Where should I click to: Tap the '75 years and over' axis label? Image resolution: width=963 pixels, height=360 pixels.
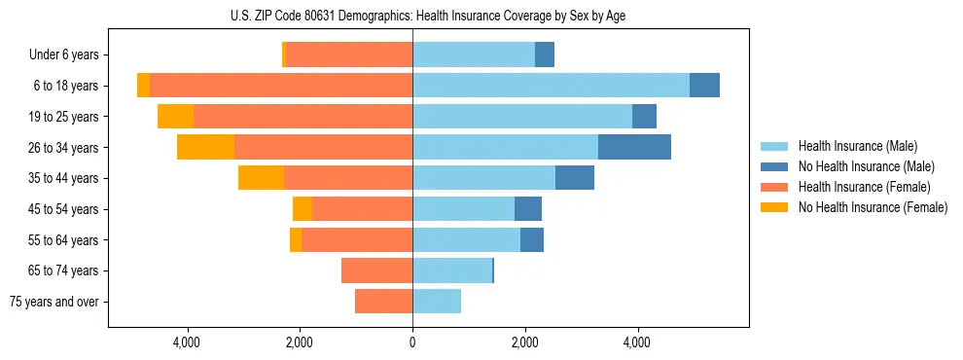(54, 302)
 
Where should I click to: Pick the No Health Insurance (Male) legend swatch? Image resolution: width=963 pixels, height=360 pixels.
(774, 167)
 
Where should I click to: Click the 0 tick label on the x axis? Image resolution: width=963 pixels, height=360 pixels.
(412, 342)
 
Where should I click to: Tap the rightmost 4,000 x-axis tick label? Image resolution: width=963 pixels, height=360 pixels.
(638, 342)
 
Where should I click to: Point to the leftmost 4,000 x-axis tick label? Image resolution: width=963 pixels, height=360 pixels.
(186, 342)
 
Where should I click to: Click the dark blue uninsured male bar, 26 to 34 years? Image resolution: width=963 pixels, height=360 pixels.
(634, 147)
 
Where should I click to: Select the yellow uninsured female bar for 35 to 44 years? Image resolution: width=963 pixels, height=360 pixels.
(261, 178)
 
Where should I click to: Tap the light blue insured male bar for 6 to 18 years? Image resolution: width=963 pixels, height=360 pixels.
(551, 86)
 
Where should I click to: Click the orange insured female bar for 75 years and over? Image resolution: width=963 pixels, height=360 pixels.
(383, 302)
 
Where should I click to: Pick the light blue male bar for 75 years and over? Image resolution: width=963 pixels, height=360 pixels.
(437, 302)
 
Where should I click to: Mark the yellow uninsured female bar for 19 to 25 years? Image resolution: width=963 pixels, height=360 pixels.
(175, 117)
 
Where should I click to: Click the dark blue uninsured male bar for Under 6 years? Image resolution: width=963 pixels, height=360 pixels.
(545, 55)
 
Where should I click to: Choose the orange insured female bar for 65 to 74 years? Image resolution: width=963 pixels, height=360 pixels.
(376, 270)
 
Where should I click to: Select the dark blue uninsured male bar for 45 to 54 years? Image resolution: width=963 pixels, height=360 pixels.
(528, 209)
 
